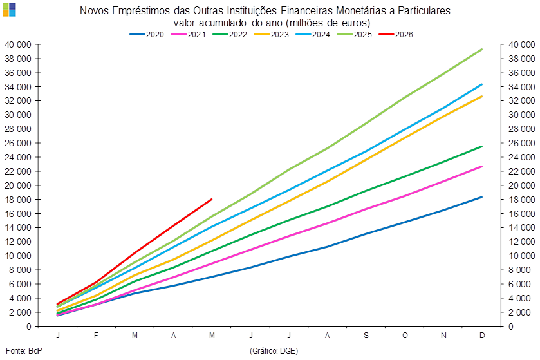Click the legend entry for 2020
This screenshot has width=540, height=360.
pos(147,34)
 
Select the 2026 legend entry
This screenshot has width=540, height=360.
pos(396,34)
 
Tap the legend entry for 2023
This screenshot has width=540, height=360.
pos(272,34)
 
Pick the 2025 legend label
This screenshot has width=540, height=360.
pos(363,34)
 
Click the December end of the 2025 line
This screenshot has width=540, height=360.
pos(482,49)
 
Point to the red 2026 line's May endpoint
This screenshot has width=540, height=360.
pos(212,199)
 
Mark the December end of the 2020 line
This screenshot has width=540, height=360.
pos(482,197)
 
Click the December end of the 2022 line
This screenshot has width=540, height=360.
pos(482,146)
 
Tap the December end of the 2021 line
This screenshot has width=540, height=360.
pos(482,166)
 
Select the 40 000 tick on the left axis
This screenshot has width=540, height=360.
pos(17,44)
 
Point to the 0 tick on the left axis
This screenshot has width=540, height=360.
pos(29,327)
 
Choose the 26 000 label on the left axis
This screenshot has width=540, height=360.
pos(17,143)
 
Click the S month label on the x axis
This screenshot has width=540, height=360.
pos(366,335)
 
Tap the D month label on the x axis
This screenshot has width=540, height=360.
pos(482,335)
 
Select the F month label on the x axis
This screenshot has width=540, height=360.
pos(96,335)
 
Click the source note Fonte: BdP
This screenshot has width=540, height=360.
pos(24,351)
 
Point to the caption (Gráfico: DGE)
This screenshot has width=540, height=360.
pos(274,351)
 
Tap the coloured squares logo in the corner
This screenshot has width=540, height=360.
pos(9,10)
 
